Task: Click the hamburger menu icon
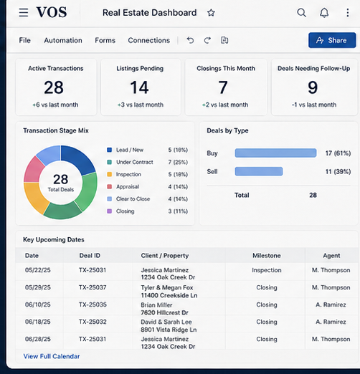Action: click(24, 12)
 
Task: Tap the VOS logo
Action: click(52, 12)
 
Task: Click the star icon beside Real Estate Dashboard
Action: click(211, 13)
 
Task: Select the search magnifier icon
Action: click(301, 13)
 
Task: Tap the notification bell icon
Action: click(324, 13)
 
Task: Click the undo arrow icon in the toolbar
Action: click(190, 40)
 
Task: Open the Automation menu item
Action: click(63, 40)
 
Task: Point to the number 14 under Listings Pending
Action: click(140, 87)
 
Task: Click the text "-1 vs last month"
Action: click(314, 105)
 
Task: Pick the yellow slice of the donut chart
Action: click(36, 197)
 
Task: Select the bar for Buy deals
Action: click(275, 153)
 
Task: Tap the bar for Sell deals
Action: click(259, 171)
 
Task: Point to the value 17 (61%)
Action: click(338, 153)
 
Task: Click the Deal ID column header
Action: click(90, 256)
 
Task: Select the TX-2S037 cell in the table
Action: click(93, 287)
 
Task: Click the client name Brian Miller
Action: click(156, 305)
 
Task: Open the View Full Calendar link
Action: click(52, 356)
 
